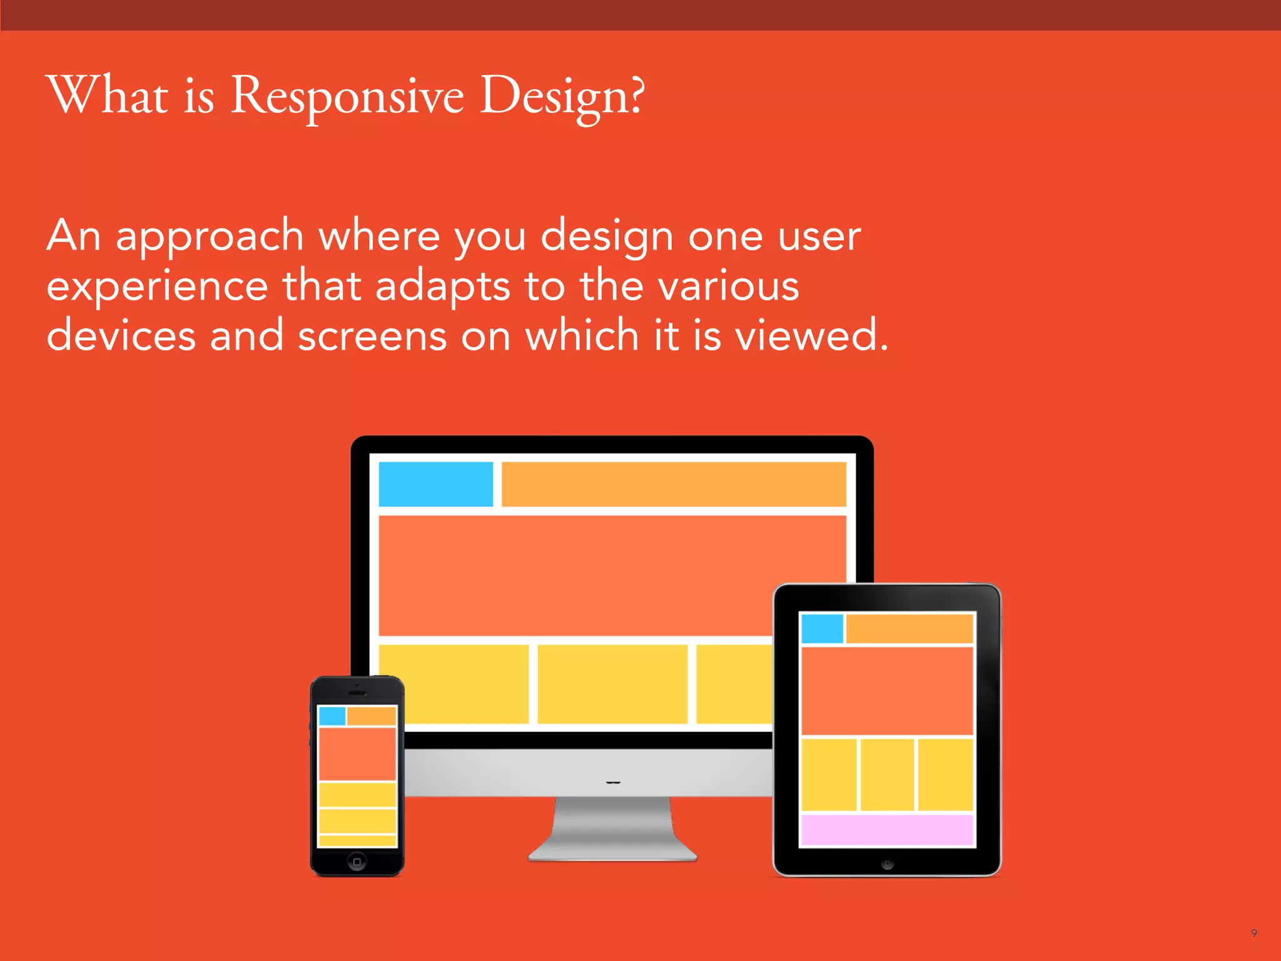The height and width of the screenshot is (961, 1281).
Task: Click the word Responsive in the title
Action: pos(347,97)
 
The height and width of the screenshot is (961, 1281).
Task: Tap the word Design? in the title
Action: pos(562,97)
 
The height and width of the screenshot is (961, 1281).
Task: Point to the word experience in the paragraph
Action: pos(158,287)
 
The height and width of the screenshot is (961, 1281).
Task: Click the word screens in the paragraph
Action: pos(372,336)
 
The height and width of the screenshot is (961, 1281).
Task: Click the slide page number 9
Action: pos(1253,933)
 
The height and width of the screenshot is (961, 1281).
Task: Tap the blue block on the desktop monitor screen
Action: pos(436,484)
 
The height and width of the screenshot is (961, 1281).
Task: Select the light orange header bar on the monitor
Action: pos(674,484)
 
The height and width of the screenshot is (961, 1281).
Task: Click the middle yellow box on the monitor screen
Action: pos(612,684)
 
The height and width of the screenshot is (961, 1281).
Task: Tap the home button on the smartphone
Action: pos(357,862)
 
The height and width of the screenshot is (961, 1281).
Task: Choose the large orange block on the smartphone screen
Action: pos(357,754)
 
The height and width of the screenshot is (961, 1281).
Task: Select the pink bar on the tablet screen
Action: pos(887,830)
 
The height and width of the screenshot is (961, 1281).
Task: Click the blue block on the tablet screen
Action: pos(822,629)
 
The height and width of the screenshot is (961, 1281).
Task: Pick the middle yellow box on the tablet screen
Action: pos(887,775)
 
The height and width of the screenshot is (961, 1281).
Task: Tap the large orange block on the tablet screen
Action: pos(887,691)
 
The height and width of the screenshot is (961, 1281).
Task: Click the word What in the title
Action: pos(108,97)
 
